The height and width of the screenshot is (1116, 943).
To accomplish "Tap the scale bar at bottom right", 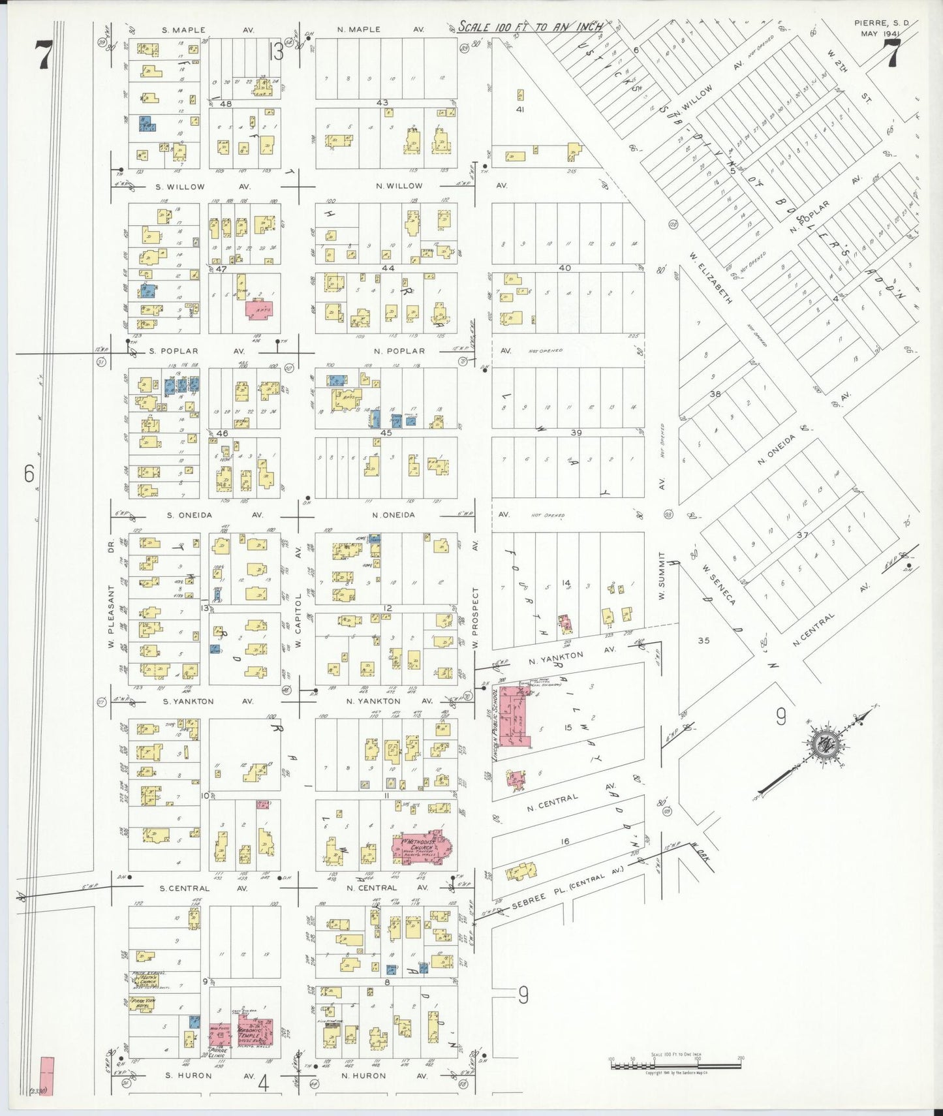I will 675,1065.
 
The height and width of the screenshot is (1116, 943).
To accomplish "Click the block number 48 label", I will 226,104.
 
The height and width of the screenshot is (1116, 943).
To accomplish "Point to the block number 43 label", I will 382,102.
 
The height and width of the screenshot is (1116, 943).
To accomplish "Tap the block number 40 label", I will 564,268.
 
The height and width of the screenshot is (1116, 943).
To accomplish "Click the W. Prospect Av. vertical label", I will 476,617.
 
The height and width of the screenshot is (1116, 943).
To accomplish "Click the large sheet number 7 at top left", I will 43,54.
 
